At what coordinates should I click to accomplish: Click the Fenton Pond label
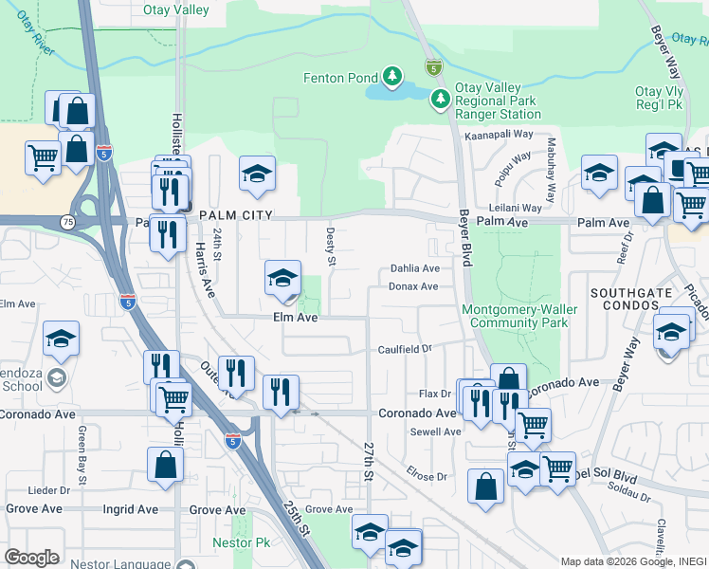point(339,78)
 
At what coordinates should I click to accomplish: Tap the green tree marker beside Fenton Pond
point(391,76)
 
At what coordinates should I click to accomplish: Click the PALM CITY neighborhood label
point(236,215)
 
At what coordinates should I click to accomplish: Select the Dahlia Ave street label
point(415,268)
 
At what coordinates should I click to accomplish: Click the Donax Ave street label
point(413,286)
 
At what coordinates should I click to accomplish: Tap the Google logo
point(31,557)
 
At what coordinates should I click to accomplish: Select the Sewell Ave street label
point(436,431)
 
